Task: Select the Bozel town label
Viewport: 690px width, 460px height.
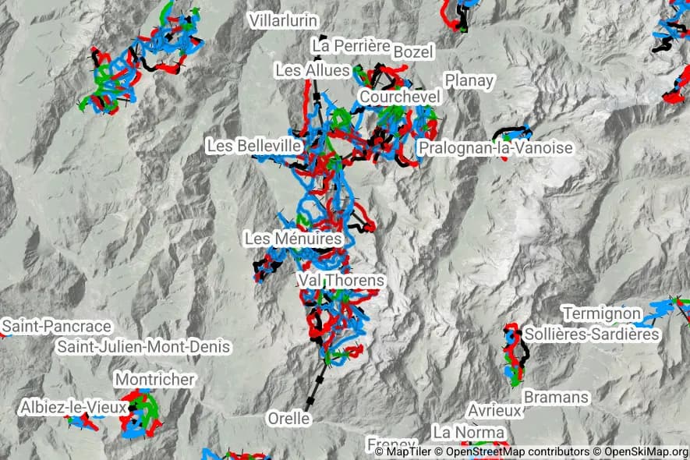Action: [413, 51]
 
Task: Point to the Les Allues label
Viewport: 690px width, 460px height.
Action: [313, 71]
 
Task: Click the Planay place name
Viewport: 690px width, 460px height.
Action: [469, 80]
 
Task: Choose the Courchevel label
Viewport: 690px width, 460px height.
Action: [400, 97]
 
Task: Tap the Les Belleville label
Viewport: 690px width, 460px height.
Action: [254, 146]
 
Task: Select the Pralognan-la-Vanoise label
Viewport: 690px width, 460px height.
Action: [495, 147]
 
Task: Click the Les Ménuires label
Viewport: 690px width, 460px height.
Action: [293, 239]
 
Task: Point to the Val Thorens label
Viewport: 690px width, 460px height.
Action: [341, 280]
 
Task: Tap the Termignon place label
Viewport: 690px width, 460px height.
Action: [601, 313]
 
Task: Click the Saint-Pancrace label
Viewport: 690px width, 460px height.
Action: [57, 326]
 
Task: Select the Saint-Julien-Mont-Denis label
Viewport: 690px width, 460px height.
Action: [145, 346]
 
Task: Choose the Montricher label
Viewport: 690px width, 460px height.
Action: [154, 379]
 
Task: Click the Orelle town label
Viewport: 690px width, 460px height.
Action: [288, 419]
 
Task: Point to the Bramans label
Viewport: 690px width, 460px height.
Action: [556, 397]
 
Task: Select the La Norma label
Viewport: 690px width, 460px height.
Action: [469, 432]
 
